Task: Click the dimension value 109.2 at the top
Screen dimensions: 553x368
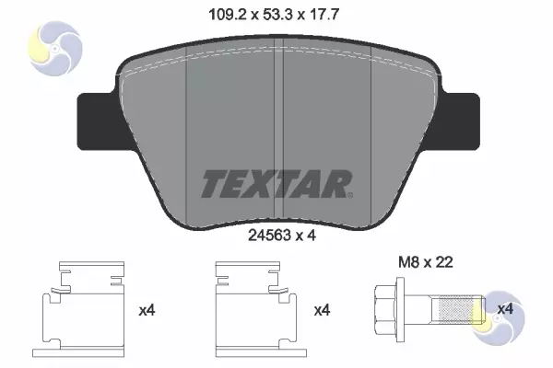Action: click(227, 15)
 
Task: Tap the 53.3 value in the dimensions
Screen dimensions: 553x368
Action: click(278, 15)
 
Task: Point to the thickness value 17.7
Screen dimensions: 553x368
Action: click(324, 15)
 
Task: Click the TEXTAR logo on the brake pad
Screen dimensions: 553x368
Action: click(276, 184)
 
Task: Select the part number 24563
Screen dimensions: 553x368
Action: click(269, 236)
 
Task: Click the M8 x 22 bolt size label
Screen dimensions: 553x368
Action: click(425, 262)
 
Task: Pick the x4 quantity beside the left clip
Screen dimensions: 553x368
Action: click(147, 311)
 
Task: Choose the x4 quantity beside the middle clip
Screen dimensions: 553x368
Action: click(322, 311)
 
